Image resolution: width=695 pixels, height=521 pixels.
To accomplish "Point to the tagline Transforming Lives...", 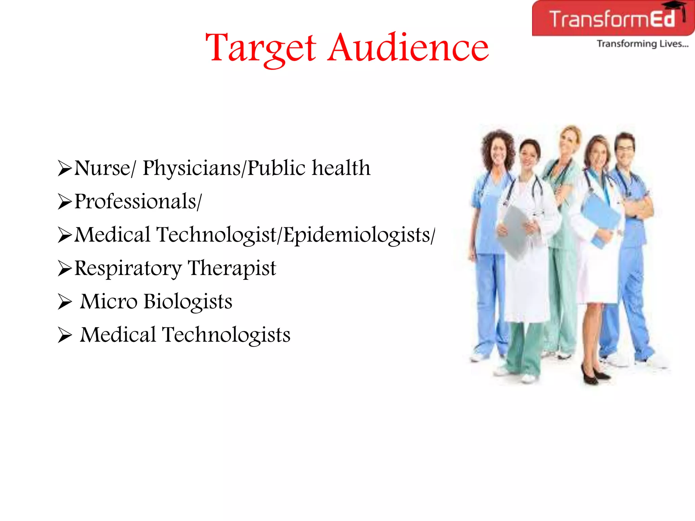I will [x=642, y=44].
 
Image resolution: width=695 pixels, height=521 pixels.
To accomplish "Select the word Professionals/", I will [x=138, y=201].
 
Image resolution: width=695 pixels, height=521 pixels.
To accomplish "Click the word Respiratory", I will [x=128, y=269].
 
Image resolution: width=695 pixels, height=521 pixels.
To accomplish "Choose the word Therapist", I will [x=232, y=269].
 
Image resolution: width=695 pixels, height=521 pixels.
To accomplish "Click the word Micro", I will [x=109, y=302].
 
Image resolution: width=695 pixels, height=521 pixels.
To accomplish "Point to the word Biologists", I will [x=188, y=302].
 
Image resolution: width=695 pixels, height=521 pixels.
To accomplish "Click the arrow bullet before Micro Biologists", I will [x=64, y=302].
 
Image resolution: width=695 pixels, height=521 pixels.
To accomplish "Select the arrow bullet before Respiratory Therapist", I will [x=64, y=269].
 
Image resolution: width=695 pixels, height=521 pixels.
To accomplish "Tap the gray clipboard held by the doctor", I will [x=514, y=231].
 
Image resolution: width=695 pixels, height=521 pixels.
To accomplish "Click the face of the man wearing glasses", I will [x=625, y=149].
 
